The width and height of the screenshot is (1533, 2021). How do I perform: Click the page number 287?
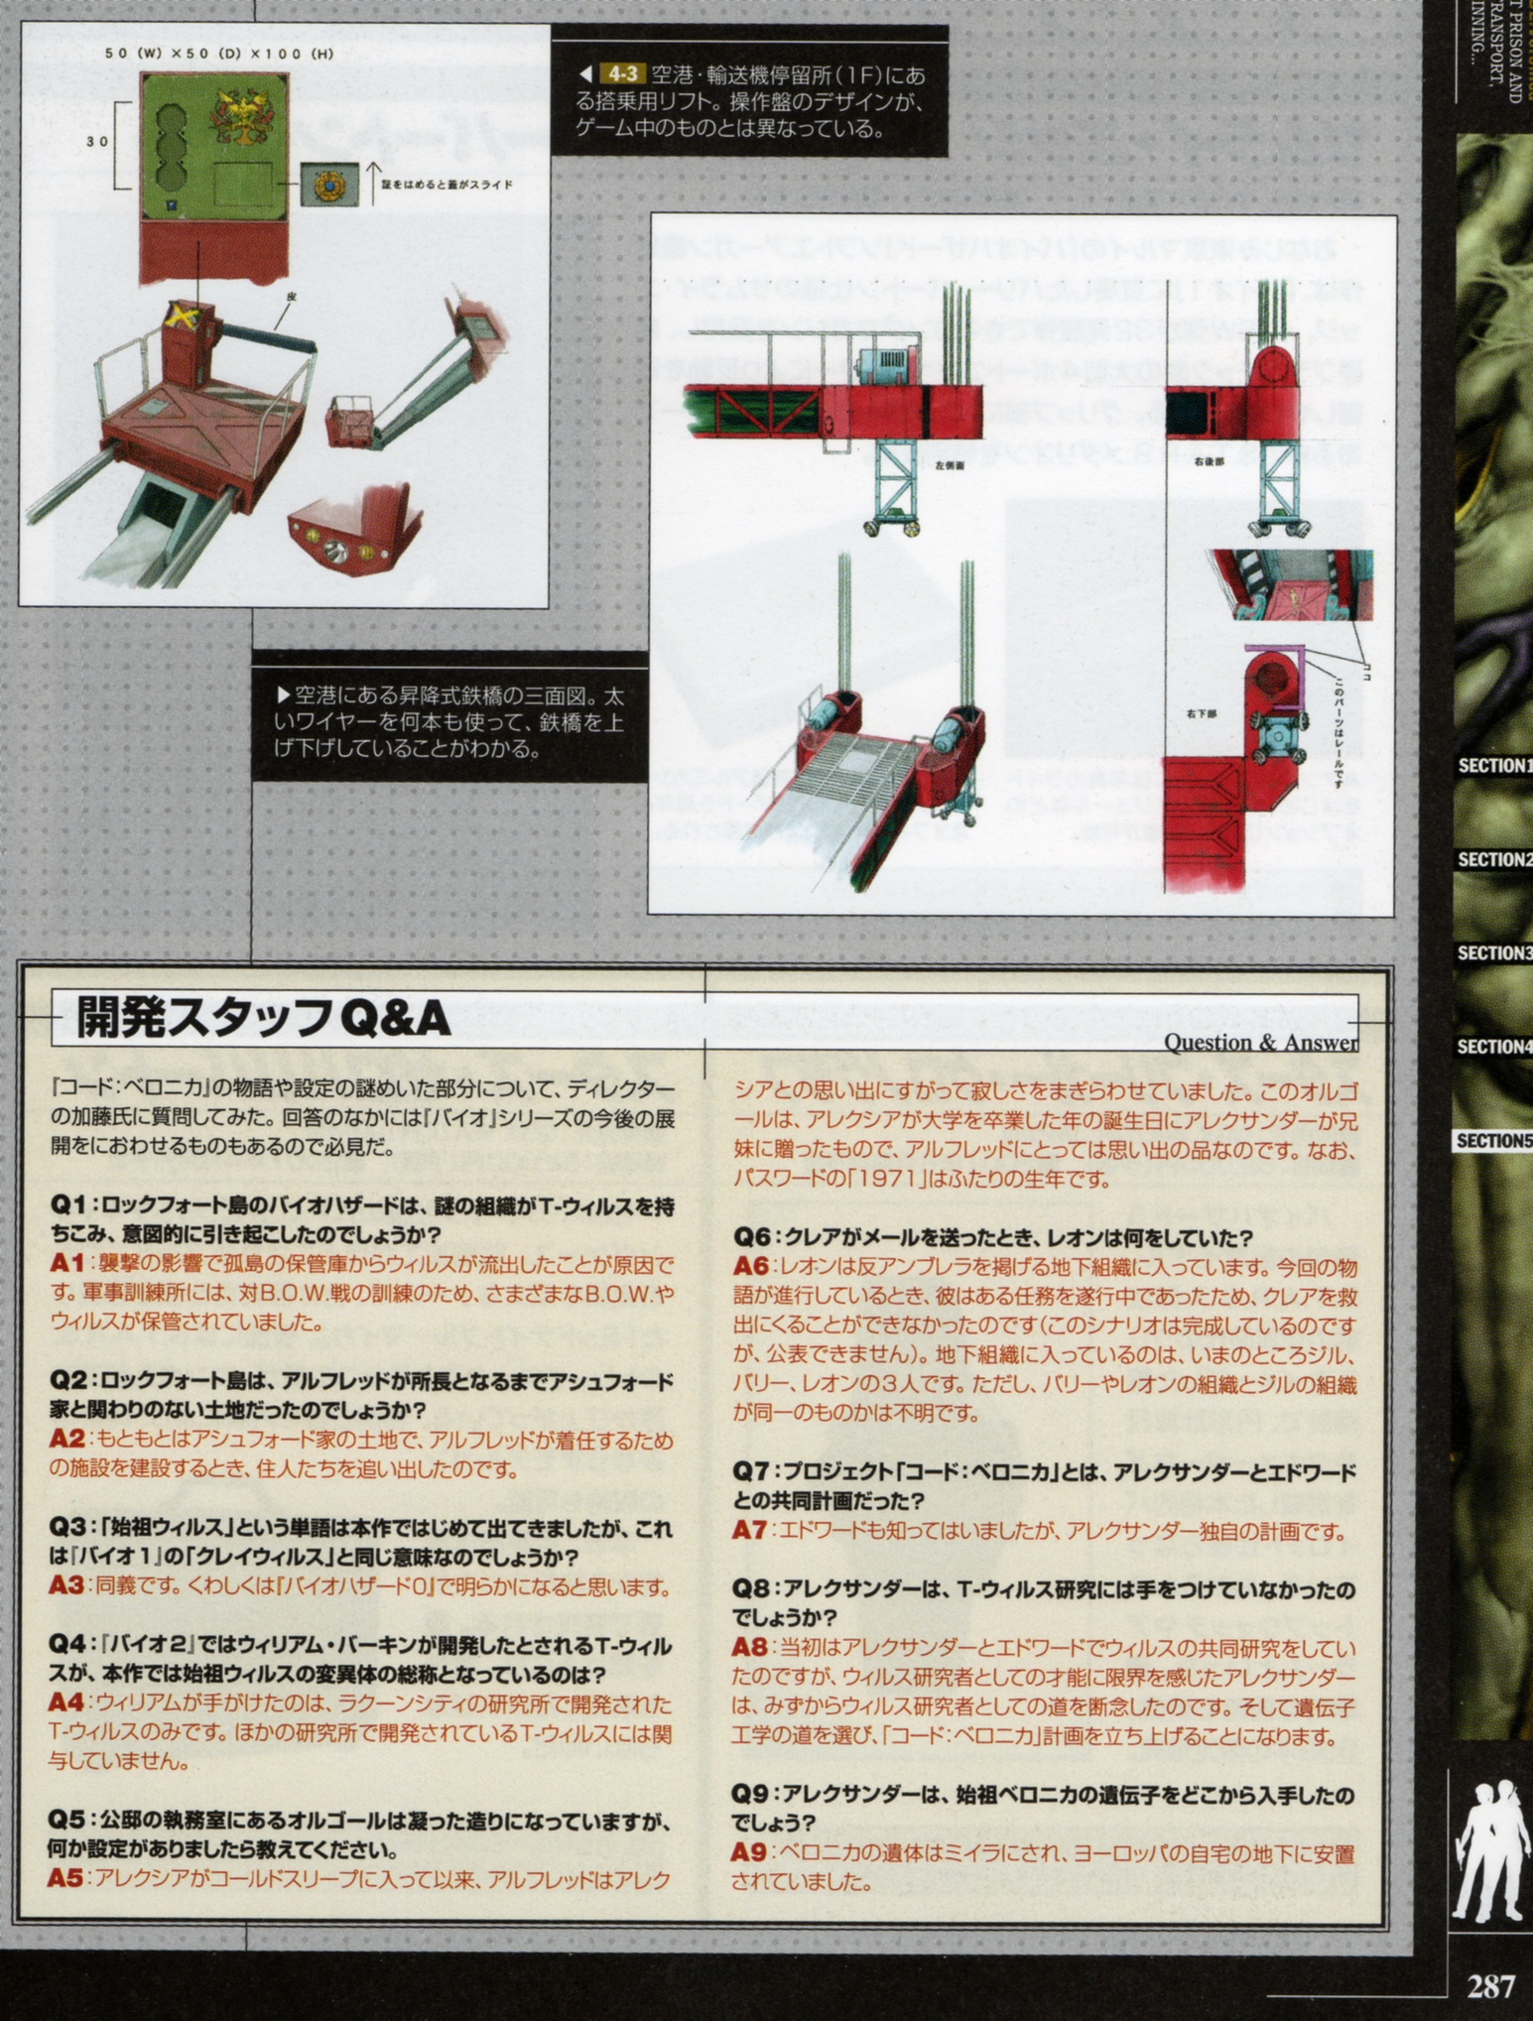tap(1491, 1986)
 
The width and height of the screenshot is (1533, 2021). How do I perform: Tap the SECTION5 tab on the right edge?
tap(1494, 1141)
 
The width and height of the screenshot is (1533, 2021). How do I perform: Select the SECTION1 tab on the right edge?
tap(1494, 766)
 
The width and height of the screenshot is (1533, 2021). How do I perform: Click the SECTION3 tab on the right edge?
tap(1494, 953)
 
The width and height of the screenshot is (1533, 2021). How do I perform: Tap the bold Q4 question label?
tap(67, 1645)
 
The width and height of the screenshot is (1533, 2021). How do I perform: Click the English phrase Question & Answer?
tap(1260, 1043)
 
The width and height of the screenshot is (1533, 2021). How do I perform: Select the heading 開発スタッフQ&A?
tap(263, 1019)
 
